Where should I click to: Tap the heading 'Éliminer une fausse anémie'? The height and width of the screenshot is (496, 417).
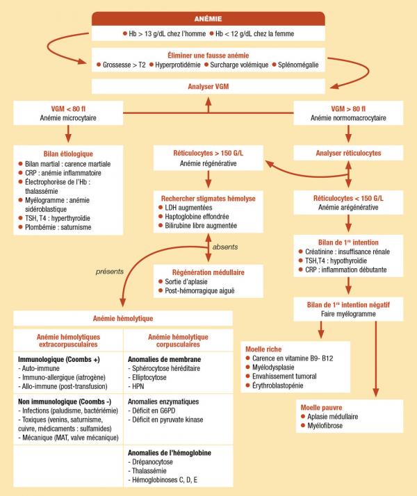(x=208, y=54)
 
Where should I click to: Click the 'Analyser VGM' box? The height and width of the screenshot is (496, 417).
(x=208, y=88)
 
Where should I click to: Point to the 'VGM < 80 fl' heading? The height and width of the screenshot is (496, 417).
(x=68, y=109)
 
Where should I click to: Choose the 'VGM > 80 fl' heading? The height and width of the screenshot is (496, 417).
(x=347, y=109)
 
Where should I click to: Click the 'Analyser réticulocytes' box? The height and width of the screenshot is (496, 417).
(x=347, y=153)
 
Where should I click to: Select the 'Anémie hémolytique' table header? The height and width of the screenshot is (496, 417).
(x=123, y=318)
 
